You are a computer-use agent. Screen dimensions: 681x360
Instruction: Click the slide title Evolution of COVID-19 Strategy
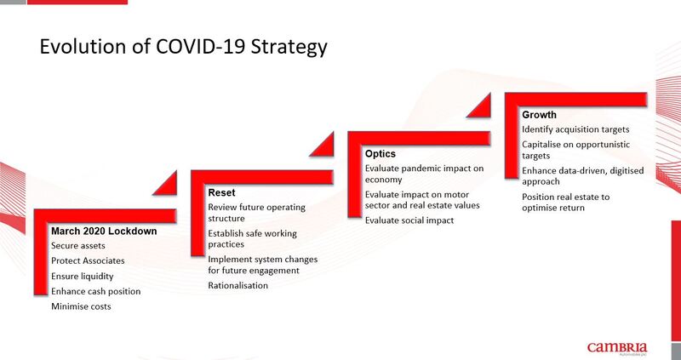(x=183, y=48)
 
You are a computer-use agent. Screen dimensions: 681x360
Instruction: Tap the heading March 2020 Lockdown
(x=104, y=231)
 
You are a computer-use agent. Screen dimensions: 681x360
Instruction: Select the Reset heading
(x=221, y=192)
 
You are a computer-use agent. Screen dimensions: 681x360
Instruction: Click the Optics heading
(x=381, y=154)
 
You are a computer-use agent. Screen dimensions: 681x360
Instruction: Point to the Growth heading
(x=539, y=115)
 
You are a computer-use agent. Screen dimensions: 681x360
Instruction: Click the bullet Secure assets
(x=78, y=246)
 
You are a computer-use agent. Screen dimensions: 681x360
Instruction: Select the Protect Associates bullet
(x=88, y=260)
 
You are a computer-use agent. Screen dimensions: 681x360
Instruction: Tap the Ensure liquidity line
(x=82, y=277)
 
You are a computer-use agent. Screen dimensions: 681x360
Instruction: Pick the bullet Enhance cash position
(x=96, y=291)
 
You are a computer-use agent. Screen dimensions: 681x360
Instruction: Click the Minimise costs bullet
(x=81, y=306)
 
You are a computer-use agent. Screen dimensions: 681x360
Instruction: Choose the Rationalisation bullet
(x=238, y=285)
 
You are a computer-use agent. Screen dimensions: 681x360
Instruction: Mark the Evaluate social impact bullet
(x=409, y=220)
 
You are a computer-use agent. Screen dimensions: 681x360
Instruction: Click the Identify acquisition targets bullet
(x=575, y=129)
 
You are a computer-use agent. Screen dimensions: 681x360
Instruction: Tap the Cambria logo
(x=617, y=348)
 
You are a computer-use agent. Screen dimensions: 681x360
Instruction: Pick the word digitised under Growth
(x=627, y=171)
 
